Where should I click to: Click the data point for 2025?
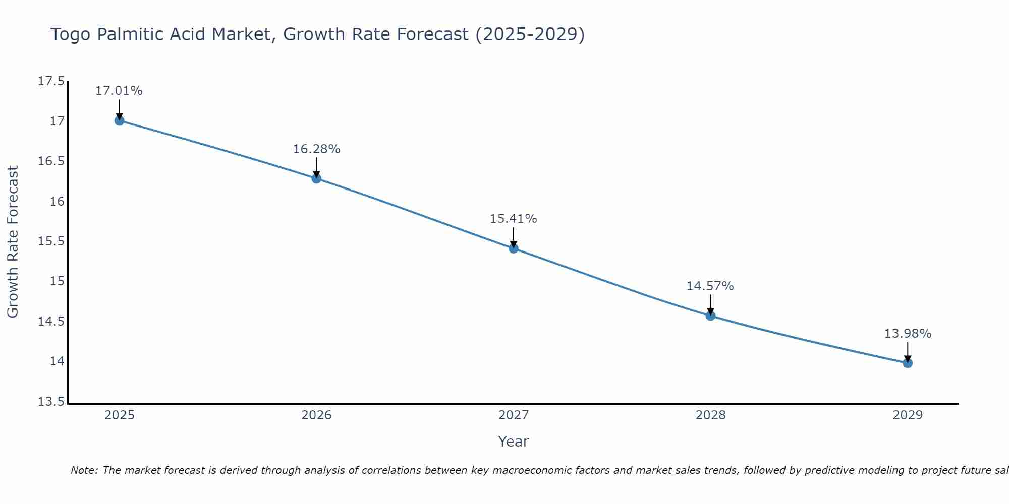119,120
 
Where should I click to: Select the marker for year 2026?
316,178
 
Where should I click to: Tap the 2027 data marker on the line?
514,248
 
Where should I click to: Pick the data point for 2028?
710,316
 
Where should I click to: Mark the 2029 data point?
908,363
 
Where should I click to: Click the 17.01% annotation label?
119,91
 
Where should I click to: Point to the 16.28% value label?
316,149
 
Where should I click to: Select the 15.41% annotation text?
514,219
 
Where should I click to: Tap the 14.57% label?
710,286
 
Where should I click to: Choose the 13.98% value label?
908,334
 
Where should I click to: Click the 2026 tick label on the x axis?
316,415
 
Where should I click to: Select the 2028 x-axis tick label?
710,415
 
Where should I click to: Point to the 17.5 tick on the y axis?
51,81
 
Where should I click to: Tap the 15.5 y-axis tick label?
51,241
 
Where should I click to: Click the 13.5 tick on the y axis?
51,402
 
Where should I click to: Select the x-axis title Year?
513,442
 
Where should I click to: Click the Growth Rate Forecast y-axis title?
13,241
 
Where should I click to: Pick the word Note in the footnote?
84,470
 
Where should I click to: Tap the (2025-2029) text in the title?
530,34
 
